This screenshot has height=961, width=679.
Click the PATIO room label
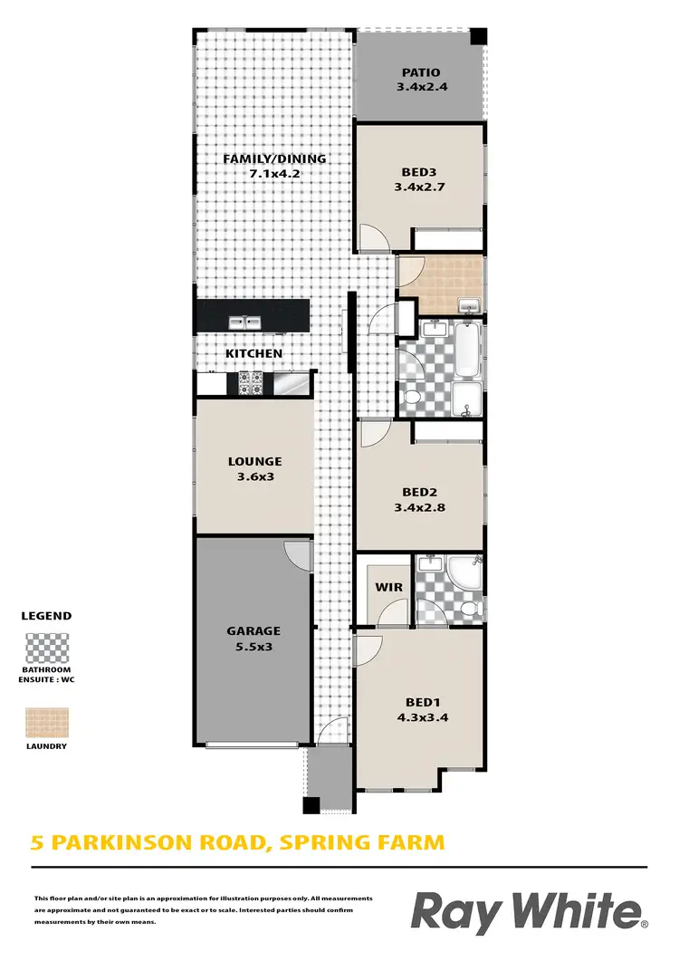(422, 72)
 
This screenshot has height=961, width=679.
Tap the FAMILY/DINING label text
(274, 159)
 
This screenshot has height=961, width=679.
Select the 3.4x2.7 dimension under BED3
(422, 187)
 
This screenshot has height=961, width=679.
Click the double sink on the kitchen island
(242, 322)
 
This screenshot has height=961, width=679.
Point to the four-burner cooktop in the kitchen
(250, 383)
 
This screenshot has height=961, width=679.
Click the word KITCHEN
(254, 353)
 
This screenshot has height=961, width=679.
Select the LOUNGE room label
(254, 461)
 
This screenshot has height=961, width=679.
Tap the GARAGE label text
(253, 630)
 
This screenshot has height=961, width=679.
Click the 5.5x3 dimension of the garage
(253, 648)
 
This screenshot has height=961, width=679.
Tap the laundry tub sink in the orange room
(468, 304)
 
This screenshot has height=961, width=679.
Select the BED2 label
(421, 493)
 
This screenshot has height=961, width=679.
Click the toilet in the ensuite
(465, 607)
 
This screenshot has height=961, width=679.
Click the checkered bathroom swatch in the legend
(46, 650)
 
